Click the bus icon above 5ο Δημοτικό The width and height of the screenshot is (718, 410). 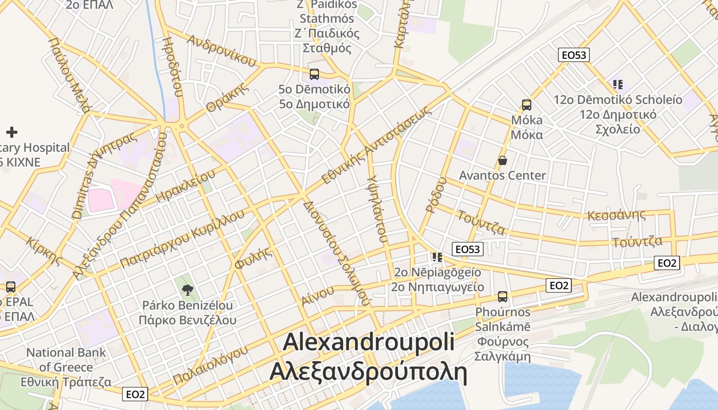coord(314,74)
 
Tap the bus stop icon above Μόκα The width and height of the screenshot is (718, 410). coord(526,105)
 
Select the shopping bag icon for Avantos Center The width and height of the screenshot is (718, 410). coord(503,160)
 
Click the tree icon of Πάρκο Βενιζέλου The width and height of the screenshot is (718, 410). coord(188,289)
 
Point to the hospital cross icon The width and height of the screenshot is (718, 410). coord(11,132)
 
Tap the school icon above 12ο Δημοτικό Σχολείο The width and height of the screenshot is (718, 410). coord(618,84)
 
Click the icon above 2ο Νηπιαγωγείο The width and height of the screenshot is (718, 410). coord(437,256)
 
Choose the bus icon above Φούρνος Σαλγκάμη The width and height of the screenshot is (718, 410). coord(503,296)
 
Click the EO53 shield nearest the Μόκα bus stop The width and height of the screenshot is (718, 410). coord(574,55)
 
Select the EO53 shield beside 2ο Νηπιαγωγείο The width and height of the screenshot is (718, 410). coord(468,249)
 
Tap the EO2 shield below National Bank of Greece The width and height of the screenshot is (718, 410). coord(135,394)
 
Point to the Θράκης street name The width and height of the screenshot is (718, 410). coord(228,97)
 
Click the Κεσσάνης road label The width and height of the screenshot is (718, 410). coord(616,214)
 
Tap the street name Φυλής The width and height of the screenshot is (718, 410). coord(252,258)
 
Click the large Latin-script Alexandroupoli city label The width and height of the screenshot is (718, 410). coord(369,342)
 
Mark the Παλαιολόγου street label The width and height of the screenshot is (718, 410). coord(211,365)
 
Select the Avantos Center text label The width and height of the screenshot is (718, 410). coord(503,175)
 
